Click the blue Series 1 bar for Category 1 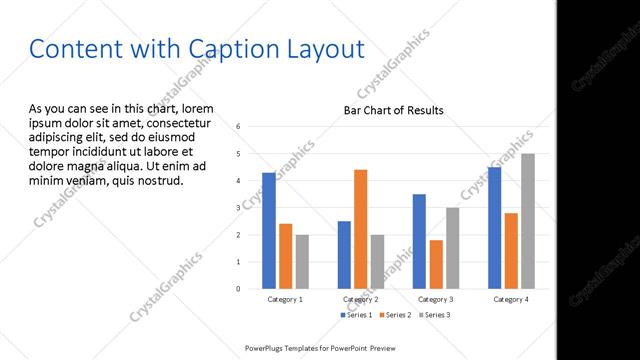[269, 231]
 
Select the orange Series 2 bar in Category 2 [361, 229]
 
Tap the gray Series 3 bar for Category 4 [528, 221]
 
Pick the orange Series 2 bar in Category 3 [436, 264]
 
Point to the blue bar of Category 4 [494, 228]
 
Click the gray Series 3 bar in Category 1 [302, 262]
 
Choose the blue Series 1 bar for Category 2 [344, 255]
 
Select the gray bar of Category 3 [453, 248]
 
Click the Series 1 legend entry [356, 315]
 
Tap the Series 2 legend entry [395, 315]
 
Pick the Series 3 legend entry [434, 315]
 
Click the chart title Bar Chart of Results [394, 110]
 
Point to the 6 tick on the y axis [239, 127]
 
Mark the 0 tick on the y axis [239, 289]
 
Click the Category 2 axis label [361, 299]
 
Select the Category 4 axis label [511, 299]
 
